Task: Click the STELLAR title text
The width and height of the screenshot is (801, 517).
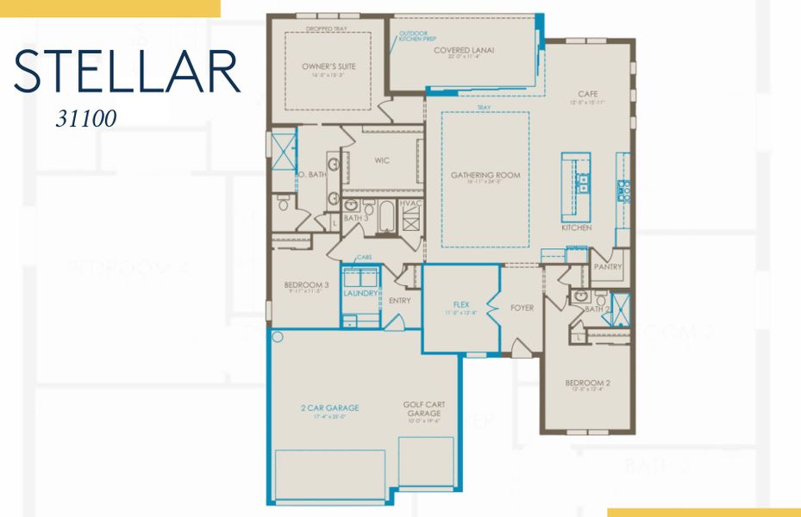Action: click(127, 72)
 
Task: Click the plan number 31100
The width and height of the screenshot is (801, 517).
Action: click(86, 120)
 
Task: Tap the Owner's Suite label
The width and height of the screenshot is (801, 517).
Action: click(329, 66)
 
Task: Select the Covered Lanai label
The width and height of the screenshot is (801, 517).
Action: click(463, 50)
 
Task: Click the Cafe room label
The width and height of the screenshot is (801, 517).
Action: click(589, 94)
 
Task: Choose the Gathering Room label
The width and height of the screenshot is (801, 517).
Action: click(485, 175)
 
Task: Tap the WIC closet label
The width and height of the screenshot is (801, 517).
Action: click(383, 160)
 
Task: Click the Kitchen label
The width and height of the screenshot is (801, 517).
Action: click(576, 228)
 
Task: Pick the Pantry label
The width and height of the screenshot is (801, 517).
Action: click(608, 268)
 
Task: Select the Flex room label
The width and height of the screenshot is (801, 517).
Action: click(460, 304)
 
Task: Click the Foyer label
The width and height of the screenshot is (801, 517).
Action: click(522, 308)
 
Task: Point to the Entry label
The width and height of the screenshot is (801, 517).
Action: click(399, 301)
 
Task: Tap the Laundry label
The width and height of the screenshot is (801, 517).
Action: click(360, 293)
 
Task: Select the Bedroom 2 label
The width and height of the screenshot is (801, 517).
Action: click(587, 383)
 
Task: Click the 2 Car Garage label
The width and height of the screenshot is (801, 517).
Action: click(329, 408)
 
